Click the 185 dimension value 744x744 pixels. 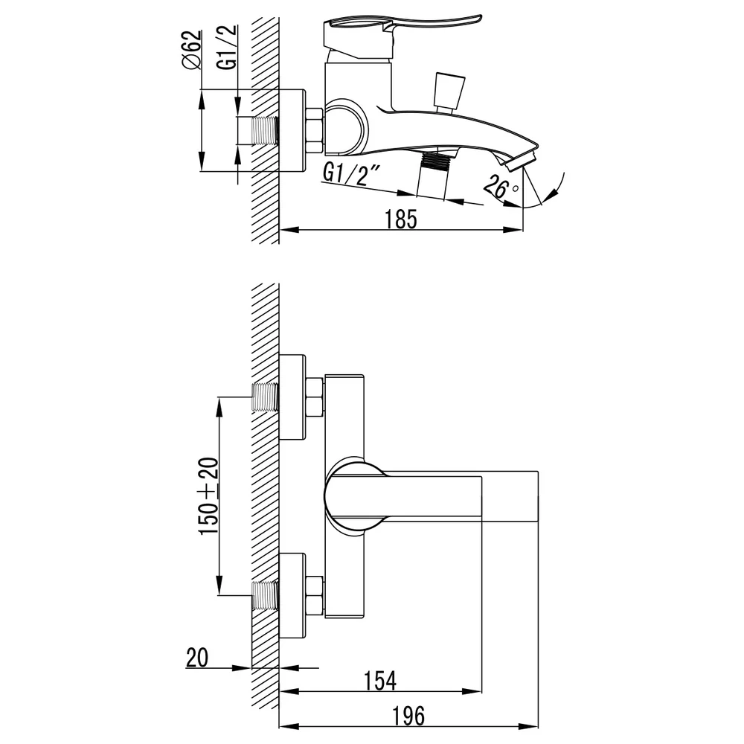401,219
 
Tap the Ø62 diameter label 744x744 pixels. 191,51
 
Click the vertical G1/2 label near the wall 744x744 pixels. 227,47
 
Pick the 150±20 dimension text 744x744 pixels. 208,496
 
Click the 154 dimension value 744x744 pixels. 380,681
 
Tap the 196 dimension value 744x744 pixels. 408,716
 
